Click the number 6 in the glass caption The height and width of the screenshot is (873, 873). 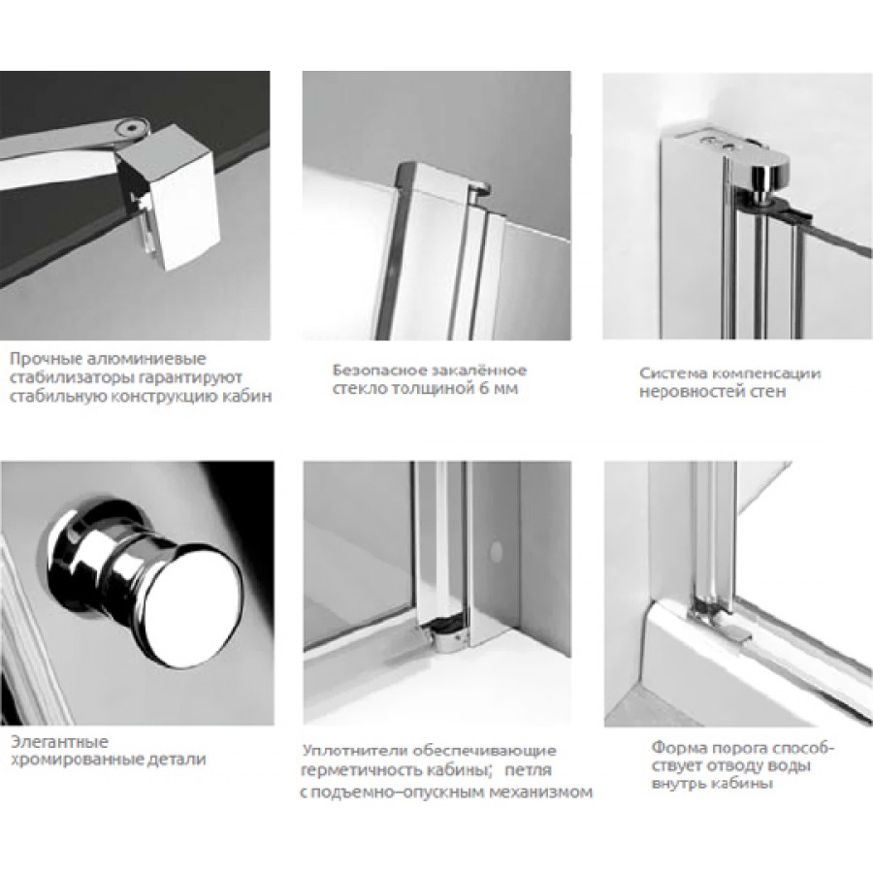click(483, 389)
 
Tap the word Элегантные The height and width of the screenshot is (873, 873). click(59, 742)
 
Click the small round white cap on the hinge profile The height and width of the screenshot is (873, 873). click(495, 551)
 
